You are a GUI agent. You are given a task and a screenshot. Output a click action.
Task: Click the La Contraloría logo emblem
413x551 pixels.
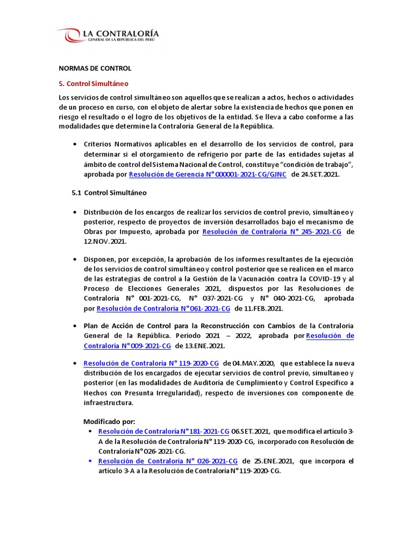70,36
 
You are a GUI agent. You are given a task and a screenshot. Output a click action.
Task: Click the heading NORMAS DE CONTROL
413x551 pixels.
95,69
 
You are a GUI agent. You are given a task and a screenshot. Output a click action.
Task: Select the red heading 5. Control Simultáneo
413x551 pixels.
94,84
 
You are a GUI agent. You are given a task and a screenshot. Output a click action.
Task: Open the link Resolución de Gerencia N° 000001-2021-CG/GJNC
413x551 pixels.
208,175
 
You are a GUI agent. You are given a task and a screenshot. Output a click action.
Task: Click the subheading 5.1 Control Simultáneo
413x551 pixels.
109,193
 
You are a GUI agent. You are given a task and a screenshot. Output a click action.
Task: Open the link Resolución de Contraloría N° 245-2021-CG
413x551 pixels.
272,232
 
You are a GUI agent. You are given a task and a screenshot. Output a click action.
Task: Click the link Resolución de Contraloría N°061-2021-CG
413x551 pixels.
163,308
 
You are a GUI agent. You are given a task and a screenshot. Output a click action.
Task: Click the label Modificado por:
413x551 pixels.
110,421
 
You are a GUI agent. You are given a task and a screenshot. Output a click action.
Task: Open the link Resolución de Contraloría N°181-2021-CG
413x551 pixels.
163,432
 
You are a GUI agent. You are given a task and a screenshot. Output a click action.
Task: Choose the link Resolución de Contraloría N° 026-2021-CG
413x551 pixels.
167,461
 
